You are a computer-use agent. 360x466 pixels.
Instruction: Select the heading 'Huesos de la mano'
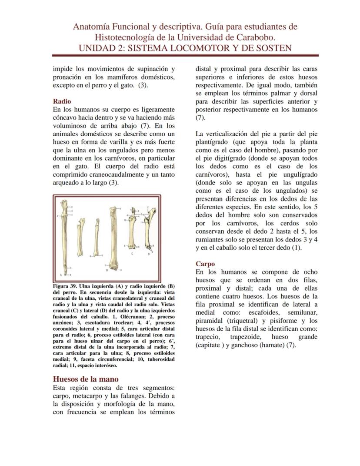pos(85,379)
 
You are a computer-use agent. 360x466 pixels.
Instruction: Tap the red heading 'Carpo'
pos(205,264)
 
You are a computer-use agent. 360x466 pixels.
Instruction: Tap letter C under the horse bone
pos(132,253)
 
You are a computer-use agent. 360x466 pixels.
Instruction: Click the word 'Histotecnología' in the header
pos(133,37)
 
